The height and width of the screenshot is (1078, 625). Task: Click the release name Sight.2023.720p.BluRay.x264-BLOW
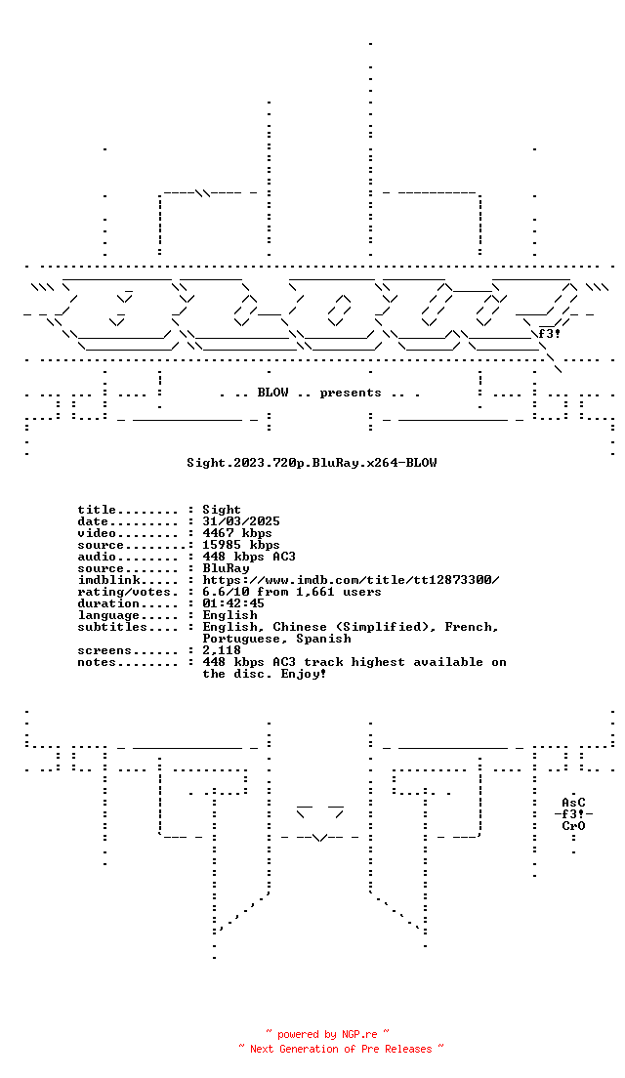[x=312, y=463]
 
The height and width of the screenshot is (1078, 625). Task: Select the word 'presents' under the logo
[x=350, y=394]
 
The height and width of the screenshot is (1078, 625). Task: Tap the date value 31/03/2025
[x=241, y=521]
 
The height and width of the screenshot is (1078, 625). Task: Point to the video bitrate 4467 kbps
[x=237, y=533]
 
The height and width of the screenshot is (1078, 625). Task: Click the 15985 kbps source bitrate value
[x=241, y=545]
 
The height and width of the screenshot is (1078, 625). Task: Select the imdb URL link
[x=351, y=580]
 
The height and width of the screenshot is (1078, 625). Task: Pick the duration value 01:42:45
[x=233, y=603]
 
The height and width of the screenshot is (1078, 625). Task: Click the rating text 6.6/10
[x=226, y=592]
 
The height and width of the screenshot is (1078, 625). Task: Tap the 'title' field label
[x=97, y=510]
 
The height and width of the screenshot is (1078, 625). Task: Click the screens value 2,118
[x=222, y=650]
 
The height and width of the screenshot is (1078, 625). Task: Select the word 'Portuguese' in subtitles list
[x=241, y=639]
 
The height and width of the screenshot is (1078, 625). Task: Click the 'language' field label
[x=108, y=615]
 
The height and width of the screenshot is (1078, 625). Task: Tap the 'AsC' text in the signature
[x=573, y=803]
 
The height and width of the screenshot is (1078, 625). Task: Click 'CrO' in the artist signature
[x=573, y=826]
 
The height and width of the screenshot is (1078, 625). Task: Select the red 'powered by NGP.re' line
[x=327, y=1034]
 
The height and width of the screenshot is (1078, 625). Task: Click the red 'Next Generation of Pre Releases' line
[x=341, y=1049]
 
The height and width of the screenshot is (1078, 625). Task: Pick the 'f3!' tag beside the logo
[x=549, y=334]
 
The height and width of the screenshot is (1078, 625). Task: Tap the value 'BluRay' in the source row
[x=226, y=568]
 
